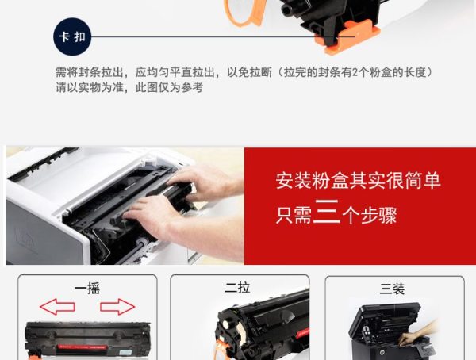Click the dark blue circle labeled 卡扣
72,36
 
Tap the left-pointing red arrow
57,306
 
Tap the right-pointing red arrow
117,306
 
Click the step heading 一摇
87,289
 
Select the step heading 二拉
237,288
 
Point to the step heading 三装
392,289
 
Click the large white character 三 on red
326,212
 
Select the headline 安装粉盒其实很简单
358,181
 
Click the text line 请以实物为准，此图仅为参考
129,88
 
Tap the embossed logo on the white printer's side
26,236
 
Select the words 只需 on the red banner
294,216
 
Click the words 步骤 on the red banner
378,216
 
